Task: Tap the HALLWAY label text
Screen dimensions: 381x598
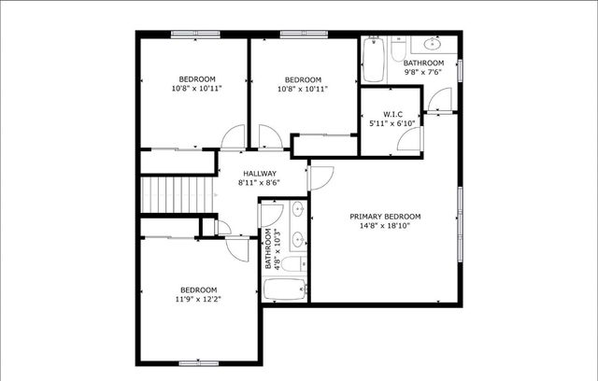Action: tap(260, 174)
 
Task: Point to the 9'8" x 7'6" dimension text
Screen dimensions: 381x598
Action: tap(424, 72)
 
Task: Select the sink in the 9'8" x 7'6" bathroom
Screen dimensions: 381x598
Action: tap(433, 43)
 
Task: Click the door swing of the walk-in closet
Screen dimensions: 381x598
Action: tap(408, 139)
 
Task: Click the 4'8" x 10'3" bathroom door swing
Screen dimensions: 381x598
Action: tap(266, 213)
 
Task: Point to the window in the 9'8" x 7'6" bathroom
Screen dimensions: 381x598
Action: tap(461, 71)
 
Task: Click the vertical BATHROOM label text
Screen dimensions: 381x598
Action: tap(268, 249)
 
